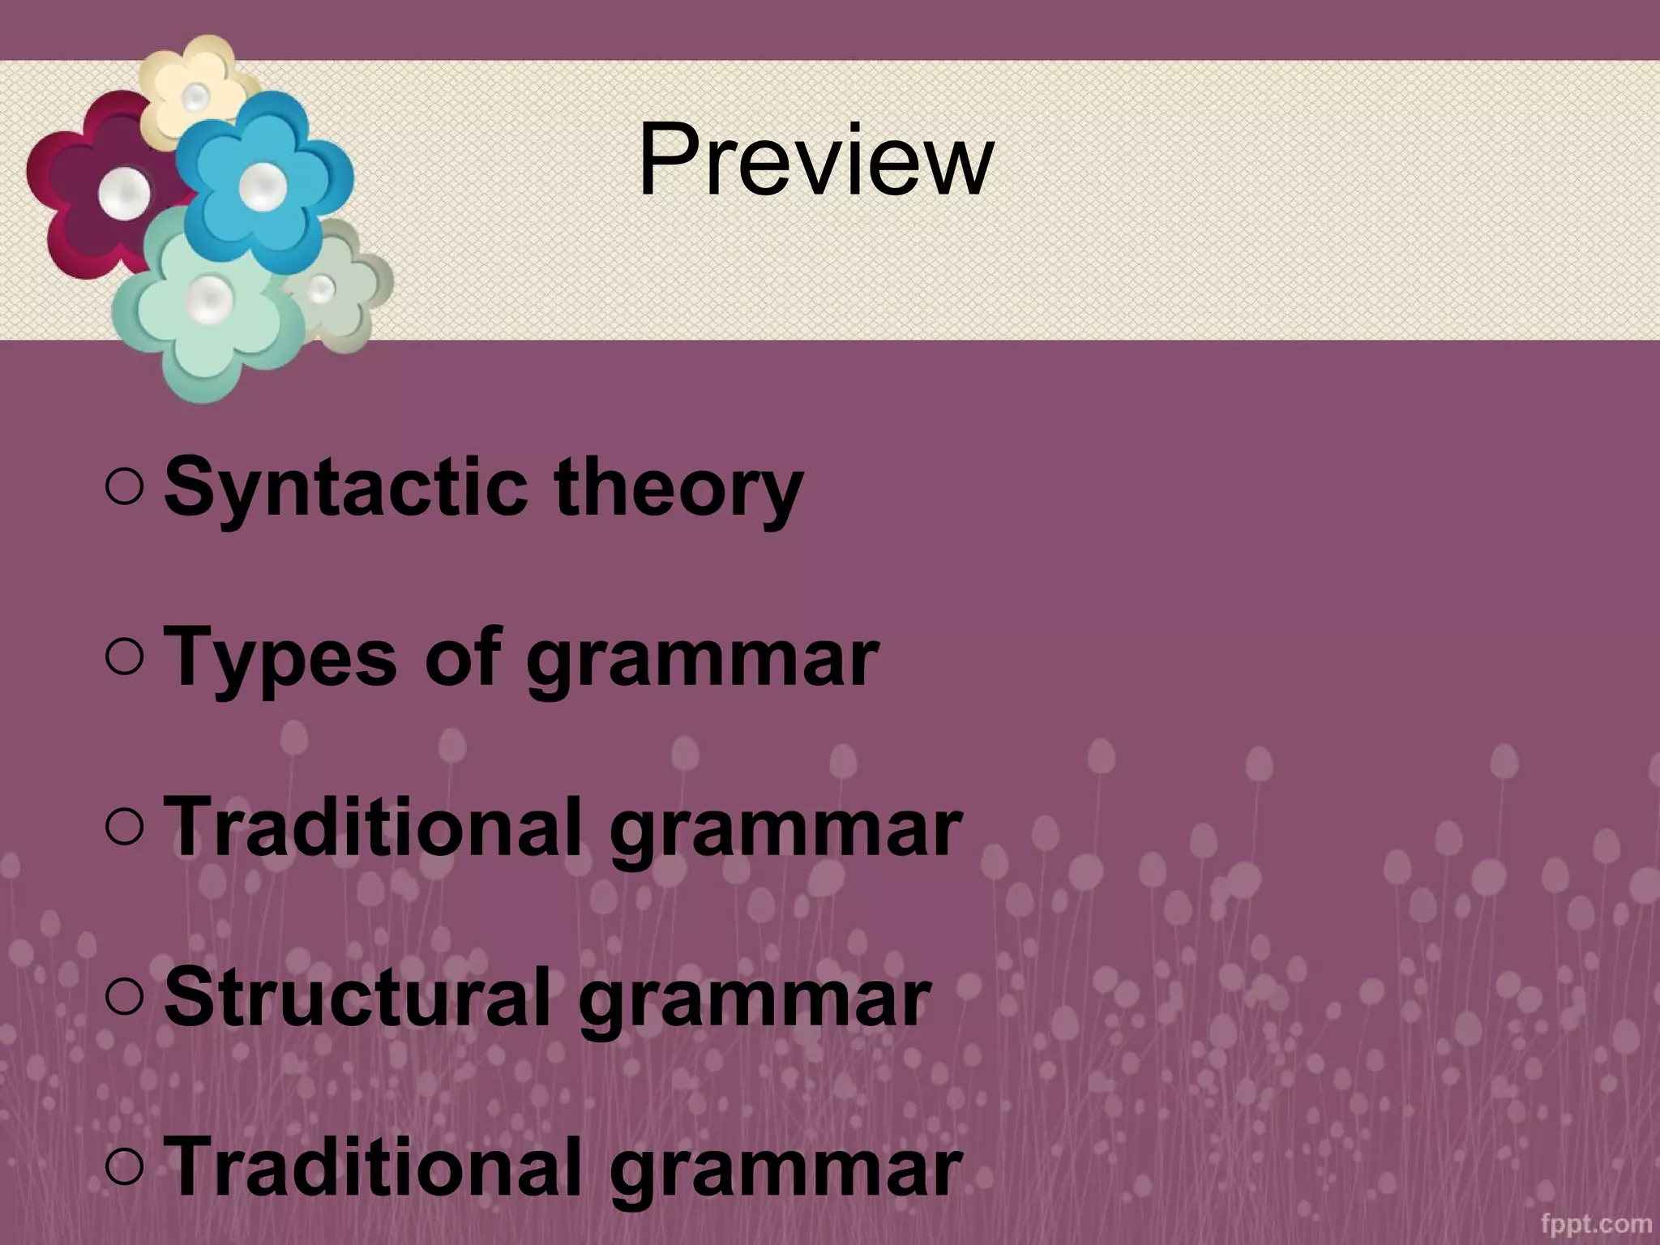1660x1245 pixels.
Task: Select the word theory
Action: [x=678, y=489]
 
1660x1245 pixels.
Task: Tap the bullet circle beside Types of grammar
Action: [x=124, y=657]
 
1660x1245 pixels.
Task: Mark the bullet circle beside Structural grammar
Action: [x=124, y=997]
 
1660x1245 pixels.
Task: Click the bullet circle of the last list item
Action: [x=124, y=1167]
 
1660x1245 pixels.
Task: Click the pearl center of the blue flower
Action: [x=262, y=186]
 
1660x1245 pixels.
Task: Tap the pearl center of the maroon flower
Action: [x=124, y=194]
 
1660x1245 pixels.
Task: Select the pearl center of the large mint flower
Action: [x=210, y=297]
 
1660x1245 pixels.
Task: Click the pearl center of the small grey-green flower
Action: [x=321, y=288]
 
